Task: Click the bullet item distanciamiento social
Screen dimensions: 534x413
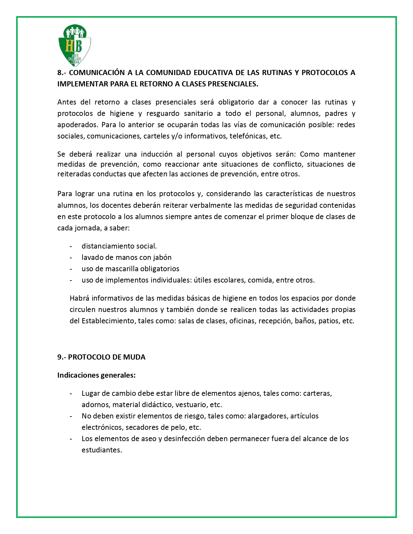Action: point(119,246)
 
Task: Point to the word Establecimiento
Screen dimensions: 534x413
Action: point(108,321)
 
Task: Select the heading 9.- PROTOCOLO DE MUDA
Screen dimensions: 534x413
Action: point(101,357)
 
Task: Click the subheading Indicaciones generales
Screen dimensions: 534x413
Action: point(96,375)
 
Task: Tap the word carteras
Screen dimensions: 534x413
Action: point(317,394)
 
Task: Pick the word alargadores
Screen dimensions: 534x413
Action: point(268,416)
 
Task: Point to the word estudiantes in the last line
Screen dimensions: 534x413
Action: point(101,450)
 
